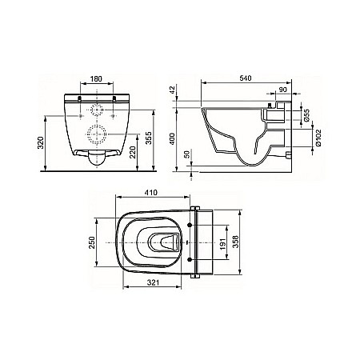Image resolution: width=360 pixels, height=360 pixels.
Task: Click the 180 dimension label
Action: pos(96,79)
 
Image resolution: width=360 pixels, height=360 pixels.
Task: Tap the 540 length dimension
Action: pos(246,78)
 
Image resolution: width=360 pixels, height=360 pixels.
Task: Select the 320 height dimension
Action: pos(40,143)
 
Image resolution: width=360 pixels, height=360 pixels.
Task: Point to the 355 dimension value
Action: pos(148,138)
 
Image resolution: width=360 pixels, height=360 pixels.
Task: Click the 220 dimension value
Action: pos(133,152)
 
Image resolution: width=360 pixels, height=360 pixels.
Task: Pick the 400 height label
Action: pos(173,138)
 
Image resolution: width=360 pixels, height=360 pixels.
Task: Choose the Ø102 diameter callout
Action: pos(318,138)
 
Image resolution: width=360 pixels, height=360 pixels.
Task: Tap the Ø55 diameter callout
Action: pos(306,115)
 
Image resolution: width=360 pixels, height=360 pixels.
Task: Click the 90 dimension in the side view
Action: pos(282,90)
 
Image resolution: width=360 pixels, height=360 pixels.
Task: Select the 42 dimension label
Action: pos(173,90)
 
